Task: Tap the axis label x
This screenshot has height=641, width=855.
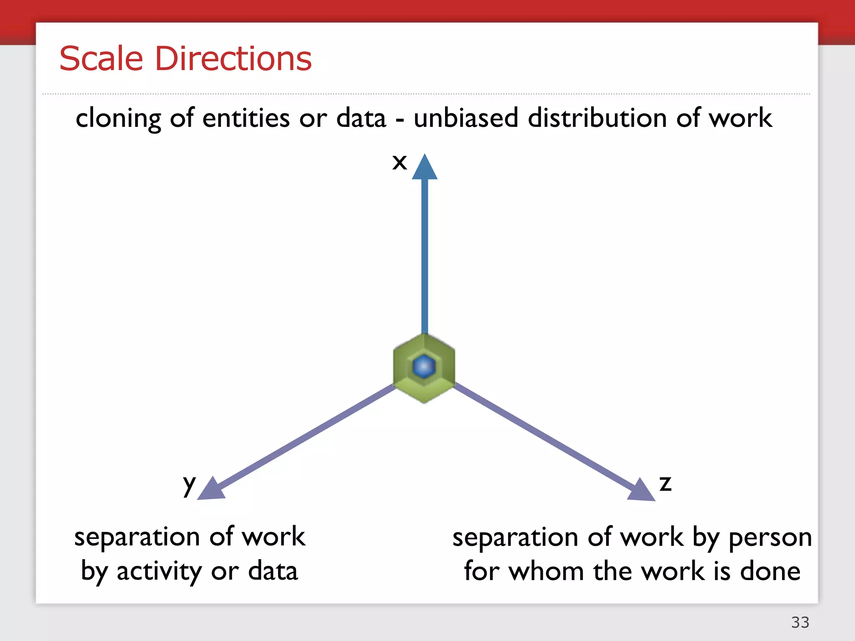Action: click(x=400, y=162)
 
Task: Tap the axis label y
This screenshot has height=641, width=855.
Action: click(x=189, y=485)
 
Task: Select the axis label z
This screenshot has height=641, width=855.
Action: click(x=665, y=484)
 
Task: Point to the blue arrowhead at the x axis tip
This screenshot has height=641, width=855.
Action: click(x=425, y=168)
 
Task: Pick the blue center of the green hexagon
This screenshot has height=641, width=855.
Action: click(x=424, y=367)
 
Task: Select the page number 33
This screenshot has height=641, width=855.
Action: click(x=800, y=622)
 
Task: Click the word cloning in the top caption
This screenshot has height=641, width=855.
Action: click(x=118, y=119)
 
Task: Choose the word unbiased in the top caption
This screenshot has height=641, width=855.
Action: click(x=465, y=118)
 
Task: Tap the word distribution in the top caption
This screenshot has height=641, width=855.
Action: click(x=597, y=118)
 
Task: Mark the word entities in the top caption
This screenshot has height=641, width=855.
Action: click(x=246, y=118)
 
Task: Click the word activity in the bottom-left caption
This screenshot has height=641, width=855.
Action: click(x=159, y=572)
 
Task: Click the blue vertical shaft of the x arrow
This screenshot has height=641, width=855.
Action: click(x=425, y=255)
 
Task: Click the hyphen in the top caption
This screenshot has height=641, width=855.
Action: click(x=400, y=120)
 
